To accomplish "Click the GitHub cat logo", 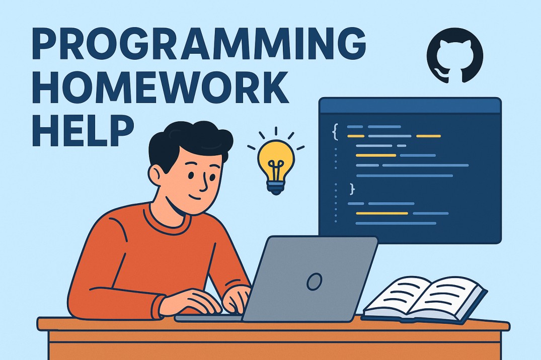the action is (x=455, y=55).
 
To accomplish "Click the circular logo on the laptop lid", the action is (x=315, y=281).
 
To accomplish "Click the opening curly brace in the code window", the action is (x=334, y=132).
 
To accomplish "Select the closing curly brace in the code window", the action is (x=352, y=189).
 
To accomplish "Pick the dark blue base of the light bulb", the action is (x=276, y=189).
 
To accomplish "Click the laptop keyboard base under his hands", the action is (x=209, y=318).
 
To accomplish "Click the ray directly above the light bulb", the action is (x=276, y=131).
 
